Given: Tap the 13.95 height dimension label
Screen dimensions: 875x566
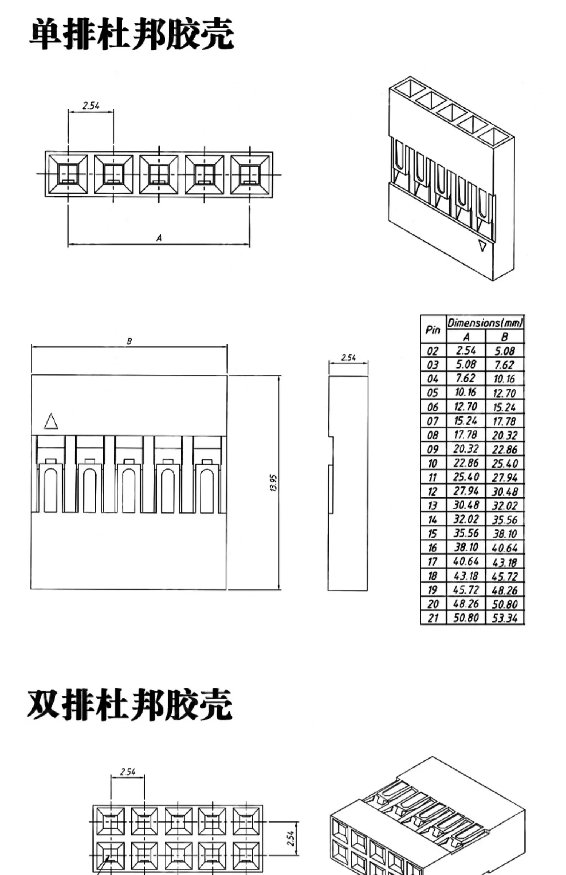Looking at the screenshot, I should (x=274, y=483).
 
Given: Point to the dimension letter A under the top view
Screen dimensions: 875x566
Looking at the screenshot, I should (x=159, y=238).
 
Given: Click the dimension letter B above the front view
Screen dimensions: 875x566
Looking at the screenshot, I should (x=129, y=341).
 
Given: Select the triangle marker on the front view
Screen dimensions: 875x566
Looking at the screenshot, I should (x=51, y=421).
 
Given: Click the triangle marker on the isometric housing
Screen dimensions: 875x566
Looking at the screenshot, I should (x=482, y=246).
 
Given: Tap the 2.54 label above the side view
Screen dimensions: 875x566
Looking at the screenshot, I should (x=348, y=357).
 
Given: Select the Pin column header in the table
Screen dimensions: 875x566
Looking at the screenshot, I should (x=433, y=330).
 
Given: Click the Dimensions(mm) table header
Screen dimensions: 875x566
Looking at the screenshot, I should (x=485, y=323).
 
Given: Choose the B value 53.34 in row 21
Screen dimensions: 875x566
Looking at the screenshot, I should (x=504, y=618).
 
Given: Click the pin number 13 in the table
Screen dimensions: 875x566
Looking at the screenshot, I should (x=432, y=506).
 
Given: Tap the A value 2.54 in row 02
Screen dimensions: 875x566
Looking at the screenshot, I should (x=466, y=350).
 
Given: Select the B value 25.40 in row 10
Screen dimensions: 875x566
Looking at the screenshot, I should (x=504, y=464).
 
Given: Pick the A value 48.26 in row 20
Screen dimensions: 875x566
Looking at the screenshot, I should (x=466, y=604).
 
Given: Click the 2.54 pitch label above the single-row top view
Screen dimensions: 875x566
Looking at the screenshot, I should (x=91, y=106).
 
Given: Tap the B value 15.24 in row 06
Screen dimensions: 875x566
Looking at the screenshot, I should (x=504, y=407).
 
